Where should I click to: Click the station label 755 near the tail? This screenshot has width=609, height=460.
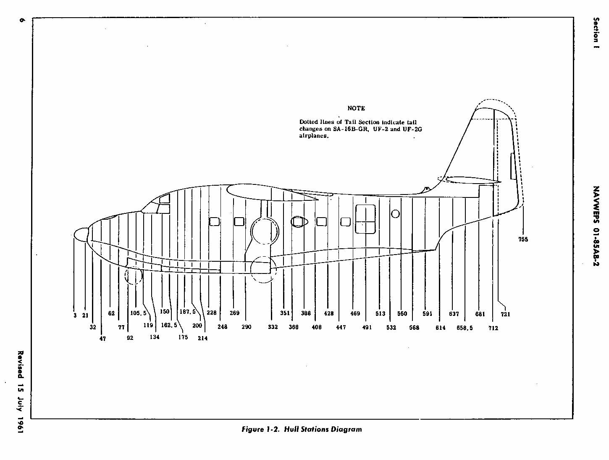[x=523, y=239]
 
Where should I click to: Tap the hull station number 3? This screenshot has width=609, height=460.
[x=75, y=315]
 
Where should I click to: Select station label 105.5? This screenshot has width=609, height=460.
[x=138, y=313]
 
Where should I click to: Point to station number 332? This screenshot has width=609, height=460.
[x=273, y=327]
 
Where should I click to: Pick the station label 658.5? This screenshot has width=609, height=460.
[x=465, y=328]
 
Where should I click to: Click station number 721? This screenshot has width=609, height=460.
[x=505, y=314]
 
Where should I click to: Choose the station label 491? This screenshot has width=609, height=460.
[x=367, y=327]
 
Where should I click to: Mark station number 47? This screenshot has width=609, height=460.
[x=103, y=338]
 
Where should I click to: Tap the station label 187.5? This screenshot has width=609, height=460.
[x=188, y=312]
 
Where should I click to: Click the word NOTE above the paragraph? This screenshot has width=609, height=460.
[x=356, y=108]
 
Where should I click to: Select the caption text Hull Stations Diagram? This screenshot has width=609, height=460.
[x=323, y=429]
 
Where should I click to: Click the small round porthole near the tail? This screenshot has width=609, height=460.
[x=395, y=214]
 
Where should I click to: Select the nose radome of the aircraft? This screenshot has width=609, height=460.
[x=81, y=234]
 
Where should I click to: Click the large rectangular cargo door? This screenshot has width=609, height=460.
[x=365, y=219]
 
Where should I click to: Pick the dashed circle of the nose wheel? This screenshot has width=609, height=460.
[x=134, y=276]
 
